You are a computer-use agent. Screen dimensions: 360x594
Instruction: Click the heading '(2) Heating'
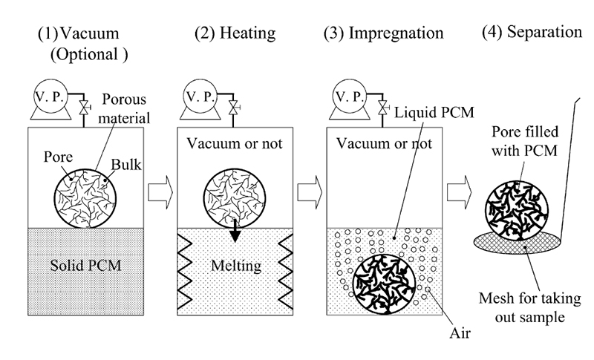[x=234, y=33]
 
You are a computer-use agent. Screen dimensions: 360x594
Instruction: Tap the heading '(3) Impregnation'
[x=384, y=33]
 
